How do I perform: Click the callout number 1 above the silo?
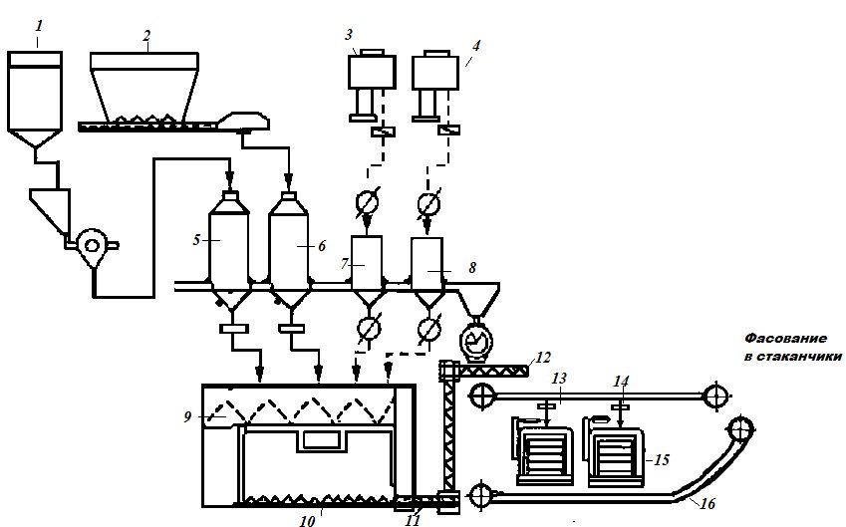coord(38,26)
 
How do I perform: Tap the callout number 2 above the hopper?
coord(146,36)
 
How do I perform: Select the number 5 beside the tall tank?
coord(196,239)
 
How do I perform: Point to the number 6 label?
coord(322,246)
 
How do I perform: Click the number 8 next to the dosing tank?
coord(472,268)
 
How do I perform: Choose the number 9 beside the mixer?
coord(187,417)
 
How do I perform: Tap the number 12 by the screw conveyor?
coord(543,357)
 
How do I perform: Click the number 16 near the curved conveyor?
coord(707,503)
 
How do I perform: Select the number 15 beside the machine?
coord(662,459)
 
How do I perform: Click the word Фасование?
coord(785,338)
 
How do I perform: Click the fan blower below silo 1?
coord(93,246)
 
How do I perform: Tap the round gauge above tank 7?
coord(368,203)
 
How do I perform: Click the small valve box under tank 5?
coord(234,328)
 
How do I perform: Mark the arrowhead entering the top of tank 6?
coord(289,178)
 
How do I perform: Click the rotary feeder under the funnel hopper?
coord(476,341)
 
